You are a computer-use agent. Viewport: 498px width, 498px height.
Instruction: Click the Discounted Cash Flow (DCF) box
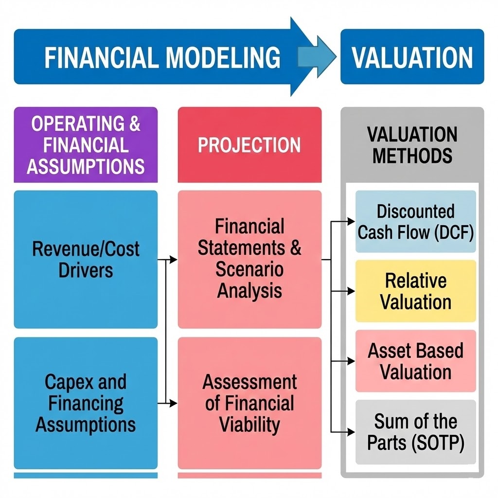(415, 222)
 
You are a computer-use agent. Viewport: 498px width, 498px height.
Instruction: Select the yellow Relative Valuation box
(415, 291)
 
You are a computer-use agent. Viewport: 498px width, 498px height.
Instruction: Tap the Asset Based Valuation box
(415, 361)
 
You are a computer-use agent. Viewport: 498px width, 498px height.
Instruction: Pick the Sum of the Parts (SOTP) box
(415, 431)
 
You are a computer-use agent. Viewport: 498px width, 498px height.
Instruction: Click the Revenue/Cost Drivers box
(86, 259)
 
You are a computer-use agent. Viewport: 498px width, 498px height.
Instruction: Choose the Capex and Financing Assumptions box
(86, 403)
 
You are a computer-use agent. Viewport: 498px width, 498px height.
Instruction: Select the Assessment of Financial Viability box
(249, 403)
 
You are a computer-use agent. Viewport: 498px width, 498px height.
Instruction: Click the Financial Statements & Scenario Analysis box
(249, 259)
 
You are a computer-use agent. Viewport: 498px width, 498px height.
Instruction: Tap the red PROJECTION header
(249, 145)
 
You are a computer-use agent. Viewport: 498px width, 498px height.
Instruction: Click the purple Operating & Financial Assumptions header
(86, 145)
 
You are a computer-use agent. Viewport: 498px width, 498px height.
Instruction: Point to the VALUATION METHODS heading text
(412, 145)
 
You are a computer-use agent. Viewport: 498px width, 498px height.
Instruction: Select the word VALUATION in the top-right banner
(412, 57)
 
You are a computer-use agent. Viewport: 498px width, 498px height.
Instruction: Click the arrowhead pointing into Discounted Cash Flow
(351, 222)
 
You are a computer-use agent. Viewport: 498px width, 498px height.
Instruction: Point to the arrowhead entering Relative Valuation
(351, 291)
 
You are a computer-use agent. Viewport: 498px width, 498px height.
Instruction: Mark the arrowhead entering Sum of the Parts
(351, 431)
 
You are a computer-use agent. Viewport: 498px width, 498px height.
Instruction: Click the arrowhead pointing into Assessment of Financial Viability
(174, 403)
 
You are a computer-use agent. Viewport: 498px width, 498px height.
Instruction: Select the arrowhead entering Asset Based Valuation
(351, 361)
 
